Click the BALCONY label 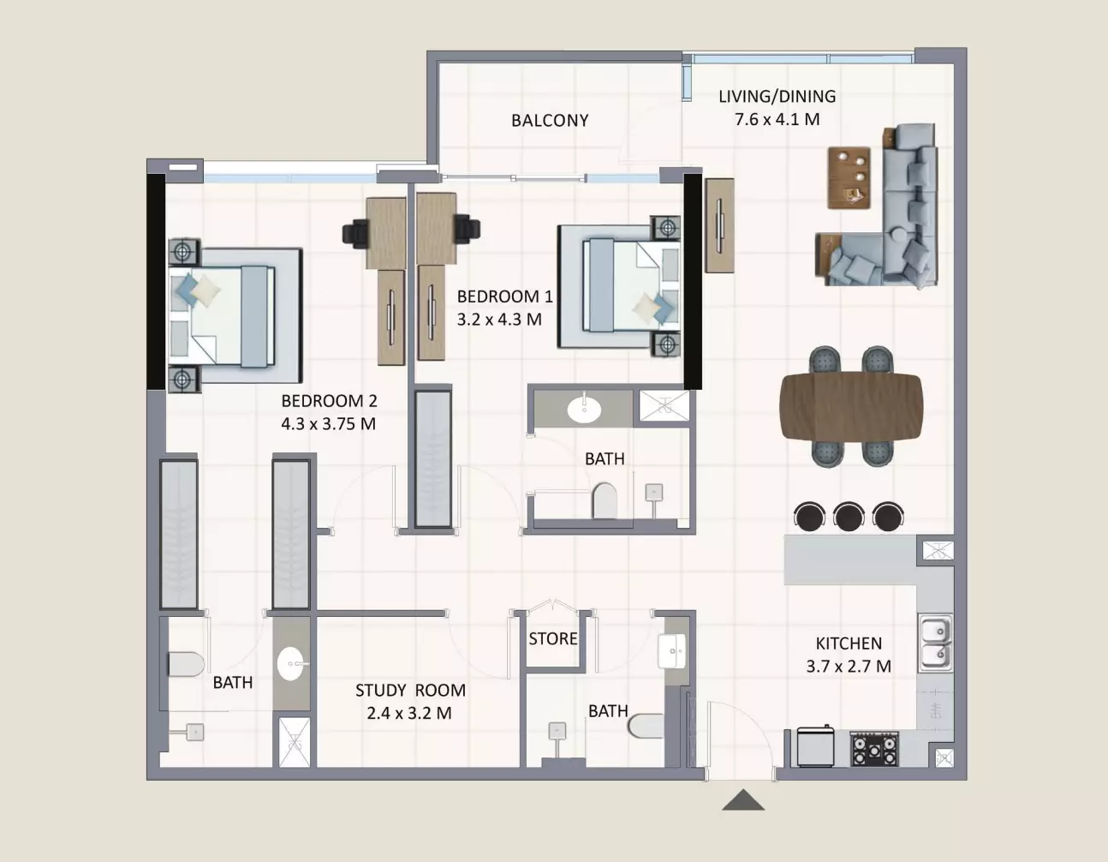(x=550, y=120)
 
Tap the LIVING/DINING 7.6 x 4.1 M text (x=777, y=108)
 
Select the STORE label (x=553, y=638)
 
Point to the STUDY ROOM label (x=410, y=690)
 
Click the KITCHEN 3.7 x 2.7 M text (x=849, y=655)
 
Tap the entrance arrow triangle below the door (x=743, y=800)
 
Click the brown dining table (x=851, y=405)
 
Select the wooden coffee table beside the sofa (x=849, y=177)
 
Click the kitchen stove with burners (x=874, y=749)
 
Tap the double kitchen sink (x=936, y=643)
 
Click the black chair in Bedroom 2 (x=356, y=234)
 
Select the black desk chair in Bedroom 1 (x=467, y=229)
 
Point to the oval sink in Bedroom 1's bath (x=584, y=408)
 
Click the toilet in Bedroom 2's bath (x=186, y=664)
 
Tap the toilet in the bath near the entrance (x=646, y=725)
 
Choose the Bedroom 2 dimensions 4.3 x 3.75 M (x=328, y=424)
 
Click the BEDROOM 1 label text (x=505, y=296)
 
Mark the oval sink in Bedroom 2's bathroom (x=291, y=663)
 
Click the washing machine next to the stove (x=816, y=746)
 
